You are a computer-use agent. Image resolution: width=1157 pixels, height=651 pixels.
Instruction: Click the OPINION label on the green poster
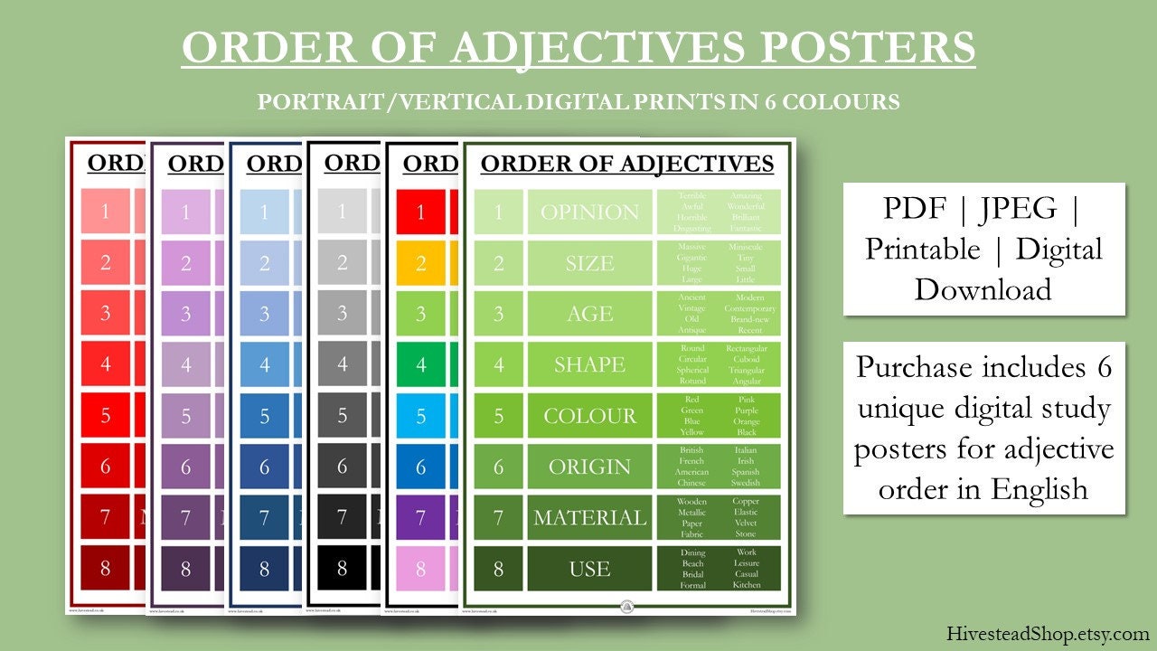pos(589,212)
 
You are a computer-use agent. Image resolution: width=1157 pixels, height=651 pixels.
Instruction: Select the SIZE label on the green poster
pos(589,263)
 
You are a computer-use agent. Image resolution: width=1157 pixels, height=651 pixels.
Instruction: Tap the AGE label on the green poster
pos(589,314)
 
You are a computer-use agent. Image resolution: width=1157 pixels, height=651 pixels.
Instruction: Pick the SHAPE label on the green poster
pos(589,364)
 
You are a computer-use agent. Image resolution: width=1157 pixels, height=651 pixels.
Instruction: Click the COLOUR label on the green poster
pos(589,416)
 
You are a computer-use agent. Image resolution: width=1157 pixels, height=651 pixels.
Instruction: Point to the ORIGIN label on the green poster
pos(589,467)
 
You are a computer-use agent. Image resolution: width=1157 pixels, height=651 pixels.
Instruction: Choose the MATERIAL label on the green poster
pos(589,518)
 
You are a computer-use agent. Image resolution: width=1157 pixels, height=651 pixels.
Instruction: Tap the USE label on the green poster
pos(589,569)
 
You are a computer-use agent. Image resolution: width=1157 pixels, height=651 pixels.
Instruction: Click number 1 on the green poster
pos(498,212)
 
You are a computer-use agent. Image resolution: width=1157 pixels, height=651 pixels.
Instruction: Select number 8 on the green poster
pos(498,569)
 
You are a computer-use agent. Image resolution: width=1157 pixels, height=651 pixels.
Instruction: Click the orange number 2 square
pos(420,263)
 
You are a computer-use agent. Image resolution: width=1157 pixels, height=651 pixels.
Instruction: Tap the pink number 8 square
pos(420,569)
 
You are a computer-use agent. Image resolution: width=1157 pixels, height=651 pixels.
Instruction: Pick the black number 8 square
pos(342,569)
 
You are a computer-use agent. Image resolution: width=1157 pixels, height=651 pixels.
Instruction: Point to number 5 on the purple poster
pos(185,416)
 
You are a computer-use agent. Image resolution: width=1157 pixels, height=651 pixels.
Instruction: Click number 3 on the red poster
pos(106,314)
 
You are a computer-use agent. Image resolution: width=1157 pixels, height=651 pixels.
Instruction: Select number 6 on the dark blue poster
pos(264,467)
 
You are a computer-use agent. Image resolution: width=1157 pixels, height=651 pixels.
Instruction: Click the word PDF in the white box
pos(914,210)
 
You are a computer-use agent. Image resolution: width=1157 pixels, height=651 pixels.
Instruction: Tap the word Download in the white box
pos(983,289)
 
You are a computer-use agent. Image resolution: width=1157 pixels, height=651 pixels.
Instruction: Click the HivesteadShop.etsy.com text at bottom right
pos(1048,634)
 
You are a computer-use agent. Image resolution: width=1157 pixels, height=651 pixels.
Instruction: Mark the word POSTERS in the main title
pos(867,48)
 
